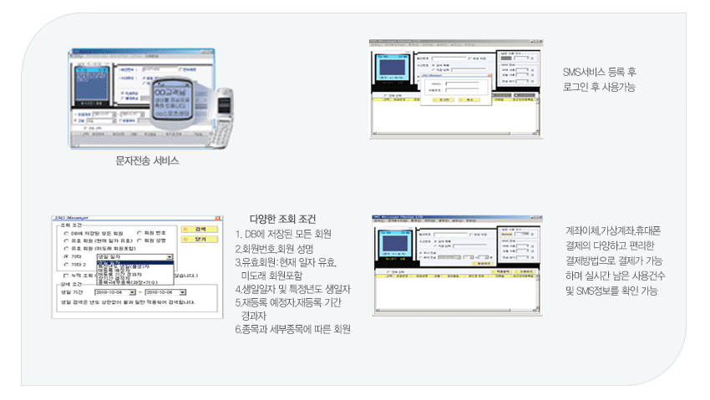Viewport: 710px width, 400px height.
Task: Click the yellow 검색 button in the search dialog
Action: (200, 229)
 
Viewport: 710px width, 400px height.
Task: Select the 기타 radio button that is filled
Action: (66, 257)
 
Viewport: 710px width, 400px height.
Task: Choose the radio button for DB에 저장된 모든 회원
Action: (66, 233)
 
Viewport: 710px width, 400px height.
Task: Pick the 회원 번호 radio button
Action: (139, 233)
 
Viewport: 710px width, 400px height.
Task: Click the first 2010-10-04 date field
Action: (114, 293)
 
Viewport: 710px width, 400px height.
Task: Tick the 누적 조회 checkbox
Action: (66, 274)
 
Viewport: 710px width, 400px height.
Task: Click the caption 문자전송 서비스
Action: (147, 160)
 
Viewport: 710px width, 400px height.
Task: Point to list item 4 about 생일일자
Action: (292, 288)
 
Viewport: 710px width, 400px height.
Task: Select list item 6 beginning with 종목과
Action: (292, 328)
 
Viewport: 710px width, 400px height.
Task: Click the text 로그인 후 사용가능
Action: (600, 87)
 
